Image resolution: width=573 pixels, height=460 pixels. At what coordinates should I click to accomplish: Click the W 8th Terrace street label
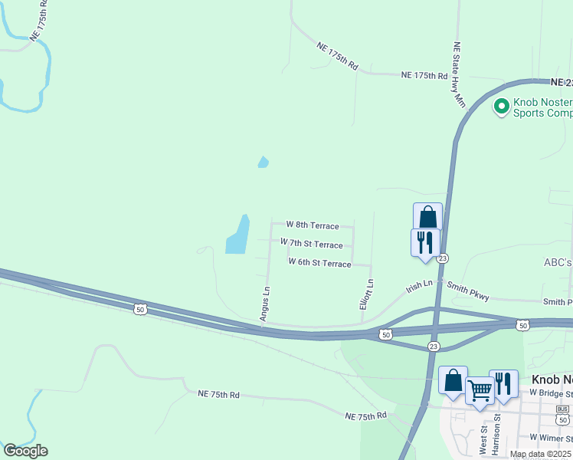[313, 225]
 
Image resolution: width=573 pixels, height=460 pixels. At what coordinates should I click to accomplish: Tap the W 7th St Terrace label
[312, 244]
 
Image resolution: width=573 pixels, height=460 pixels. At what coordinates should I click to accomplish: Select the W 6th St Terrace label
[319, 263]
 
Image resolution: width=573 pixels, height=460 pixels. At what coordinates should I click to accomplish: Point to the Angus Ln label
[265, 304]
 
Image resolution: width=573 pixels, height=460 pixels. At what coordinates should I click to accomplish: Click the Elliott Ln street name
[366, 294]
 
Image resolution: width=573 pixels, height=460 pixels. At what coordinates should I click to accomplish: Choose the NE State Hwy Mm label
[459, 74]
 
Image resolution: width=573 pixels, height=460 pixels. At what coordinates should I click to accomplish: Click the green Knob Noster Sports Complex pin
[501, 106]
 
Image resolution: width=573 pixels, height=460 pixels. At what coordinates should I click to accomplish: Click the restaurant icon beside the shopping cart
[503, 383]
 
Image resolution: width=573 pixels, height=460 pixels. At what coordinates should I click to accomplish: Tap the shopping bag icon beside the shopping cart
[453, 379]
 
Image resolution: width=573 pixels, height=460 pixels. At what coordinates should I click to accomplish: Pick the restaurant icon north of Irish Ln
[425, 242]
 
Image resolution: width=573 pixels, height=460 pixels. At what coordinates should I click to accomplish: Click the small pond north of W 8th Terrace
[264, 162]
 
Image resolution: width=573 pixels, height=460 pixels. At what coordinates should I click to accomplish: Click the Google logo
[25, 451]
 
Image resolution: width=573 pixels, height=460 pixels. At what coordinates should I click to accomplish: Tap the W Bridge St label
[551, 393]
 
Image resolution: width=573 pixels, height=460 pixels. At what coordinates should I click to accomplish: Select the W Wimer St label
[550, 439]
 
